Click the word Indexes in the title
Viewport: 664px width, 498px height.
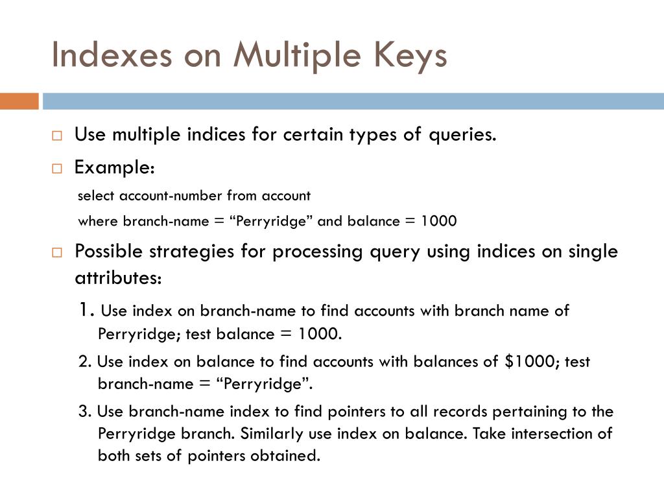click(x=112, y=55)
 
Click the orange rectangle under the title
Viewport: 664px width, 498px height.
click(x=19, y=101)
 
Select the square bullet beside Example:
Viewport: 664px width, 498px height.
click(x=57, y=168)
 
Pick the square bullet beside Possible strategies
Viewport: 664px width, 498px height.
click(x=57, y=252)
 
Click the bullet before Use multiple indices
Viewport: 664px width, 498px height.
click(x=57, y=136)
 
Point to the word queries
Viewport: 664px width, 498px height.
click(x=461, y=135)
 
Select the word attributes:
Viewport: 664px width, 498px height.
click(x=117, y=278)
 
